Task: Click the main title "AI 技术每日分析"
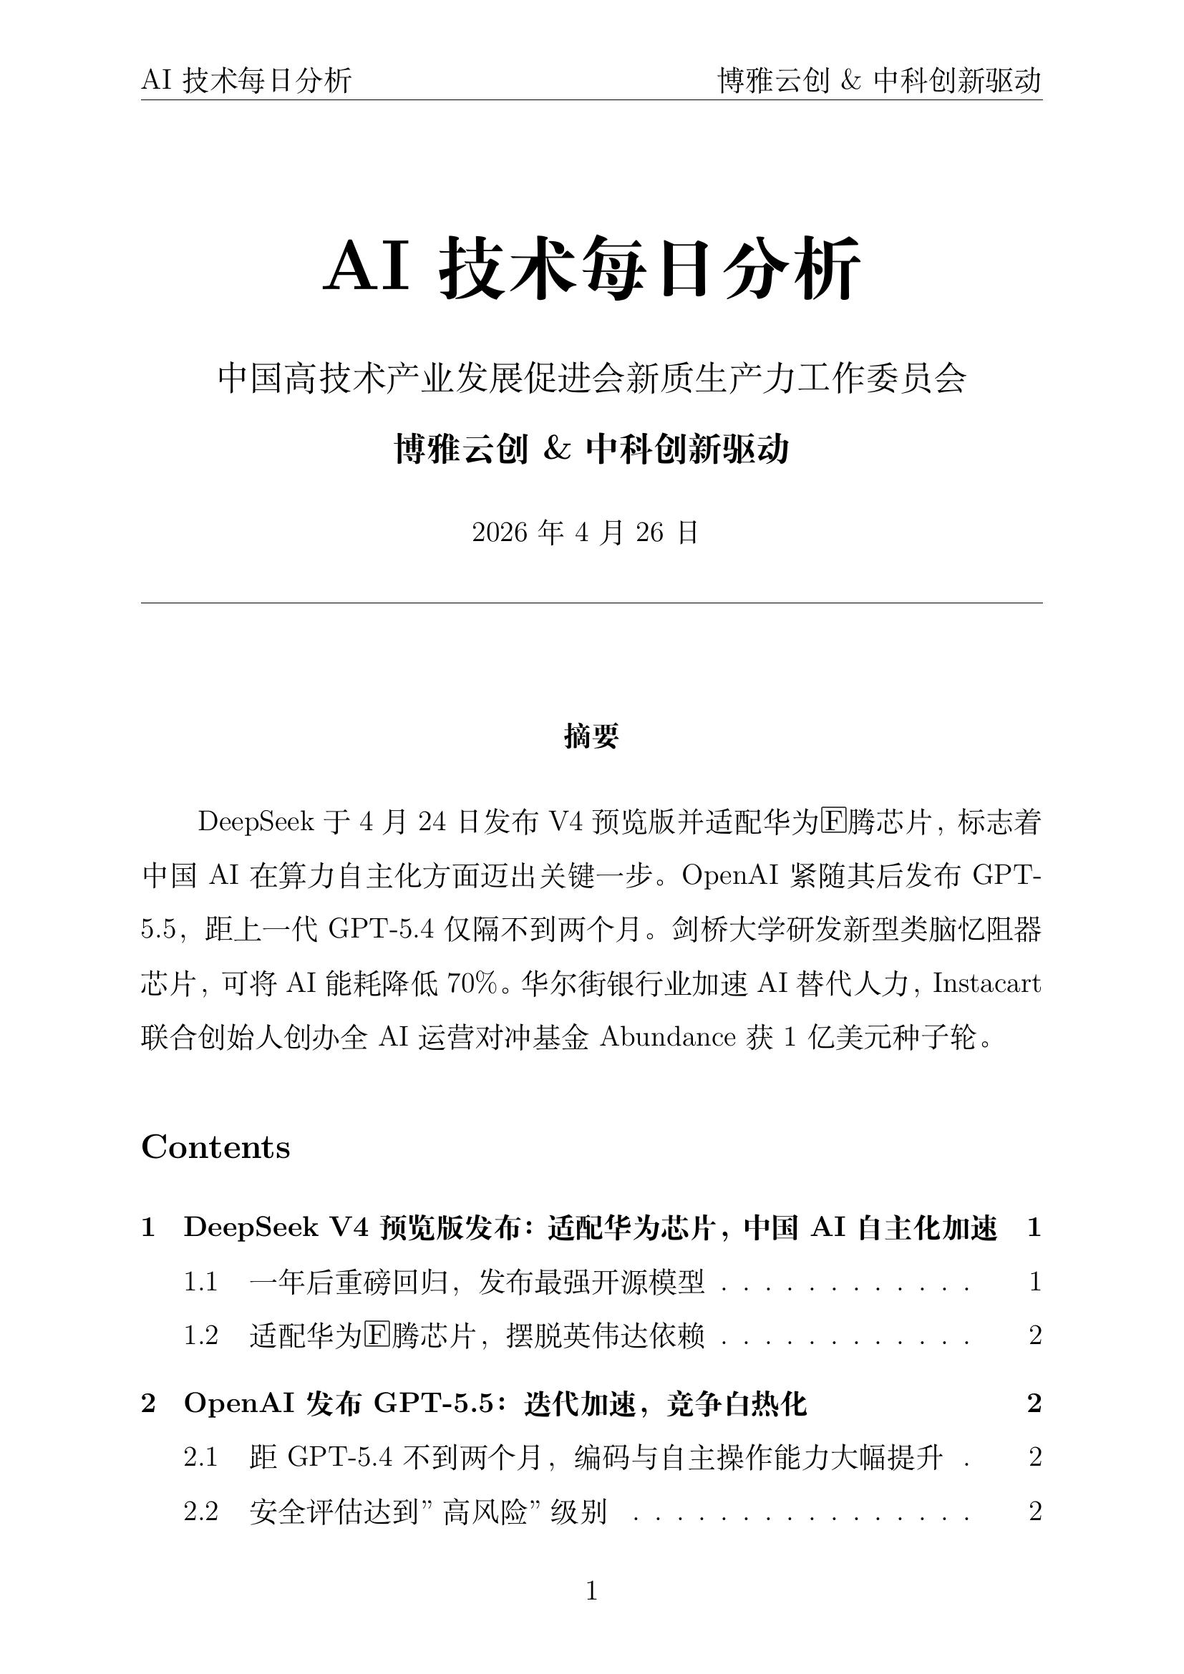591,267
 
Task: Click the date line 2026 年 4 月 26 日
585,533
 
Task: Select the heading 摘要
591,736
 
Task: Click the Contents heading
215,1147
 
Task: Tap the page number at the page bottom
591,1591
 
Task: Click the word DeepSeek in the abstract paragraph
255,822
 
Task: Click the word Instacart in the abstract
986,984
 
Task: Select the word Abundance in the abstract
667,1038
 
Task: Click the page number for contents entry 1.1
1034,1281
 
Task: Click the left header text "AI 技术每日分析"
246,80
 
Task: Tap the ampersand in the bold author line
556,449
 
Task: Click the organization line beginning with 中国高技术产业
591,379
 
